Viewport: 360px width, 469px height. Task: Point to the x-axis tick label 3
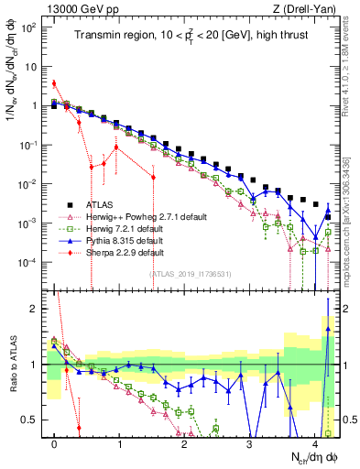coord(249,443)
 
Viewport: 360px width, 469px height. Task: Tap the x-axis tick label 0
coord(55,443)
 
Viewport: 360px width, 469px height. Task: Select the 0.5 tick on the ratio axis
coord(31,420)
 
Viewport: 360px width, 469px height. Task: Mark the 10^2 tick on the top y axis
coord(29,27)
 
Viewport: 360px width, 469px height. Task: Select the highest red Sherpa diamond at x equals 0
coord(54,83)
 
